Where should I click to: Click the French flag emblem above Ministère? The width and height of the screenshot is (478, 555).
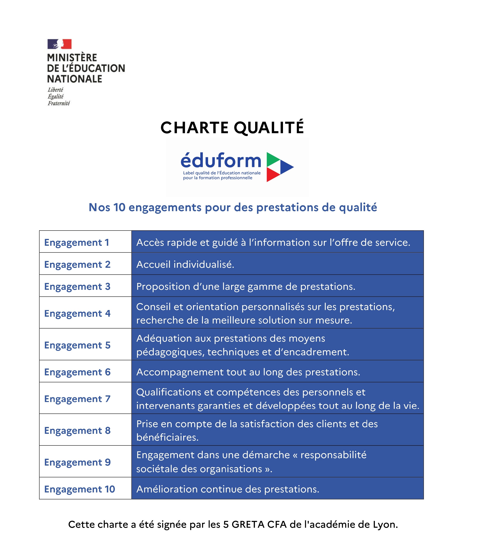tap(59, 44)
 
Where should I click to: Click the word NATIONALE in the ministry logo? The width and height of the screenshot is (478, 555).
tap(75, 79)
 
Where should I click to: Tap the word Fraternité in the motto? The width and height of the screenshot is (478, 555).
tap(59, 103)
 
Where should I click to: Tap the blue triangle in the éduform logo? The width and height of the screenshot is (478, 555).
tap(286, 167)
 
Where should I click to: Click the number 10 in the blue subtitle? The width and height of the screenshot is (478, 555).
tap(119, 207)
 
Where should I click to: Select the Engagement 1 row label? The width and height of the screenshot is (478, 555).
tap(77, 242)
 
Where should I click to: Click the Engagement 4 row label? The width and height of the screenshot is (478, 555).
tap(77, 313)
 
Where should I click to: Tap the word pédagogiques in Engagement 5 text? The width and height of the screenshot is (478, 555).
tap(170, 352)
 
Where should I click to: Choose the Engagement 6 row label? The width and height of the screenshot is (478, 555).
tap(77, 372)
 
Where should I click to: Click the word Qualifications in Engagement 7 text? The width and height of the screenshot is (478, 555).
tap(169, 392)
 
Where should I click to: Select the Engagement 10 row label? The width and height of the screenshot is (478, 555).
tap(79, 489)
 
